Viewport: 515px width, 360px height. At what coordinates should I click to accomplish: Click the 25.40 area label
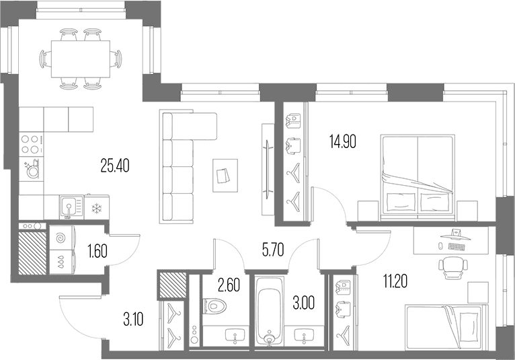coord(115,166)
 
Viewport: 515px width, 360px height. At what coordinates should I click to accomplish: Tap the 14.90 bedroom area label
coord(343,142)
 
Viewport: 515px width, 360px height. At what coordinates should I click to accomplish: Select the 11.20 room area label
coord(395,281)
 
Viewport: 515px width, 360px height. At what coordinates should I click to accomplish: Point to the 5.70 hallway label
coord(273,250)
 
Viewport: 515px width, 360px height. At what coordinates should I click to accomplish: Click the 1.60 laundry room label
coord(97,252)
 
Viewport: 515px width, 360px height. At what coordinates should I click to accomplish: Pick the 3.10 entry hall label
coord(133,319)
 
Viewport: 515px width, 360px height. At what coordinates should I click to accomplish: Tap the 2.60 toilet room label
coord(229,285)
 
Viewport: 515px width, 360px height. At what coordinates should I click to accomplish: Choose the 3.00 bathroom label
coord(304,303)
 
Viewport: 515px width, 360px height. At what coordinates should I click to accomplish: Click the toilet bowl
coord(214,306)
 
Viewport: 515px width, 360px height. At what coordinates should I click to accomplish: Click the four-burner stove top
coord(32,144)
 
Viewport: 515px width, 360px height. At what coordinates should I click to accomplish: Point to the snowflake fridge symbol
coord(97,208)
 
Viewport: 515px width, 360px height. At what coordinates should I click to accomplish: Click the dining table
coord(81,59)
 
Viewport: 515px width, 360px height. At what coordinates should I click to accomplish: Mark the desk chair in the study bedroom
coord(452,268)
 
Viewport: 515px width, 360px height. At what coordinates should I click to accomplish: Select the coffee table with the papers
coord(225,175)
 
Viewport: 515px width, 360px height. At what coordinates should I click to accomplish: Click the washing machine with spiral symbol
coord(63,238)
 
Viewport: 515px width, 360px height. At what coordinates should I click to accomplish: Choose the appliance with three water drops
coord(63,262)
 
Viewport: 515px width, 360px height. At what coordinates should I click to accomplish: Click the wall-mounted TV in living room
coord(269,170)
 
